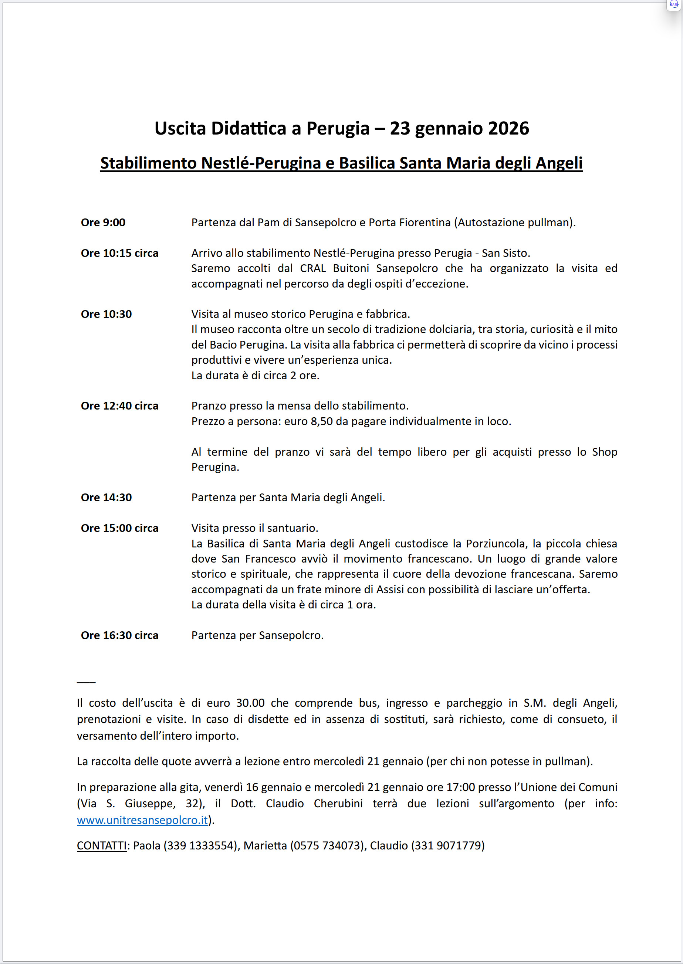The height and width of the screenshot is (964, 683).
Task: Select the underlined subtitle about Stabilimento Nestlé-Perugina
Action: (341, 163)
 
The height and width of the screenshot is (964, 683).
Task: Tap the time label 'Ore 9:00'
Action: (103, 223)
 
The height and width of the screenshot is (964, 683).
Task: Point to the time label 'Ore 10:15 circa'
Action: (119, 253)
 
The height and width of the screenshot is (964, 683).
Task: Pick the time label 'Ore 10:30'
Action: (106, 314)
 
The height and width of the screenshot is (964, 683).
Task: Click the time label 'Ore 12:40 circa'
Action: (119, 406)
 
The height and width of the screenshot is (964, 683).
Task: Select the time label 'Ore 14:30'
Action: (106, 498)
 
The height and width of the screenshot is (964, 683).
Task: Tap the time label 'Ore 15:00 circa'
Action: (119, 528)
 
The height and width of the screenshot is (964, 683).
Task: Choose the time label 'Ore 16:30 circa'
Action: (119, 635)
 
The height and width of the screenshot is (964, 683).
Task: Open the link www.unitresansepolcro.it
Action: (142, 820)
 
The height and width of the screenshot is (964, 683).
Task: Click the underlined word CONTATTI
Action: (102, 845)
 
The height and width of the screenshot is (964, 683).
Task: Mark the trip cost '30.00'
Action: (250, 703)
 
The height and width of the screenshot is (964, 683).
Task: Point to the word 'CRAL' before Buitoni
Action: (313, 268)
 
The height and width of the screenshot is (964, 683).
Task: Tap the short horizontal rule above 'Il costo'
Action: (86, 682)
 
